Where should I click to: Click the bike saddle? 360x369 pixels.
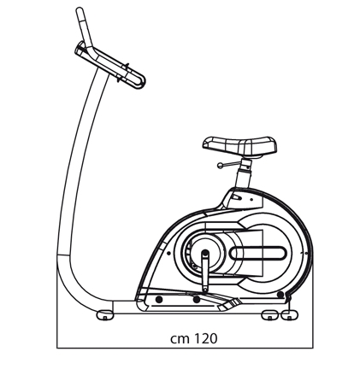point(239,145)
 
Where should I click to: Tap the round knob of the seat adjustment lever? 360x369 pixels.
point(220,166)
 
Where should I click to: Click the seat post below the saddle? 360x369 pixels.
point(244,173)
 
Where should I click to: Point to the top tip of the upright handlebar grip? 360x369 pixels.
point(80,9)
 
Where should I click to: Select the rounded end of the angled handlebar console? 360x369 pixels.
point(140,81)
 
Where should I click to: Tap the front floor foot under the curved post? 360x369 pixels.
point(105,315)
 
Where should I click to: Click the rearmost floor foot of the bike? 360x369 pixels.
point(290,314)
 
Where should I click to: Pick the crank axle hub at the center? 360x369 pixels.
point(205,252)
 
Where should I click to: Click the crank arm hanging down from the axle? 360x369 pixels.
point(205,272)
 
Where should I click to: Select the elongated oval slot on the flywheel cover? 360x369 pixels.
point(258,253)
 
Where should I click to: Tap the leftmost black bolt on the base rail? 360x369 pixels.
point(159,299)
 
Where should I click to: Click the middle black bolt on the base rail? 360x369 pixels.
point(196,299)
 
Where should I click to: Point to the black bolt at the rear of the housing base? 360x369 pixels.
point(280,295)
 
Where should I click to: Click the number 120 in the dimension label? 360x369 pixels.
point(205,338)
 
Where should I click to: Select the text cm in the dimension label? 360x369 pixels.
point(180,339)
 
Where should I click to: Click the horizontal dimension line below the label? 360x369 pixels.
point(185,348)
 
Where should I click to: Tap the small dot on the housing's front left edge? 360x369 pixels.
point(168,253)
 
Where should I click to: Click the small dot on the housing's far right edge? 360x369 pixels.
point(306,253)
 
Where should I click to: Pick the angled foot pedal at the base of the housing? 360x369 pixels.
point(229,305)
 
